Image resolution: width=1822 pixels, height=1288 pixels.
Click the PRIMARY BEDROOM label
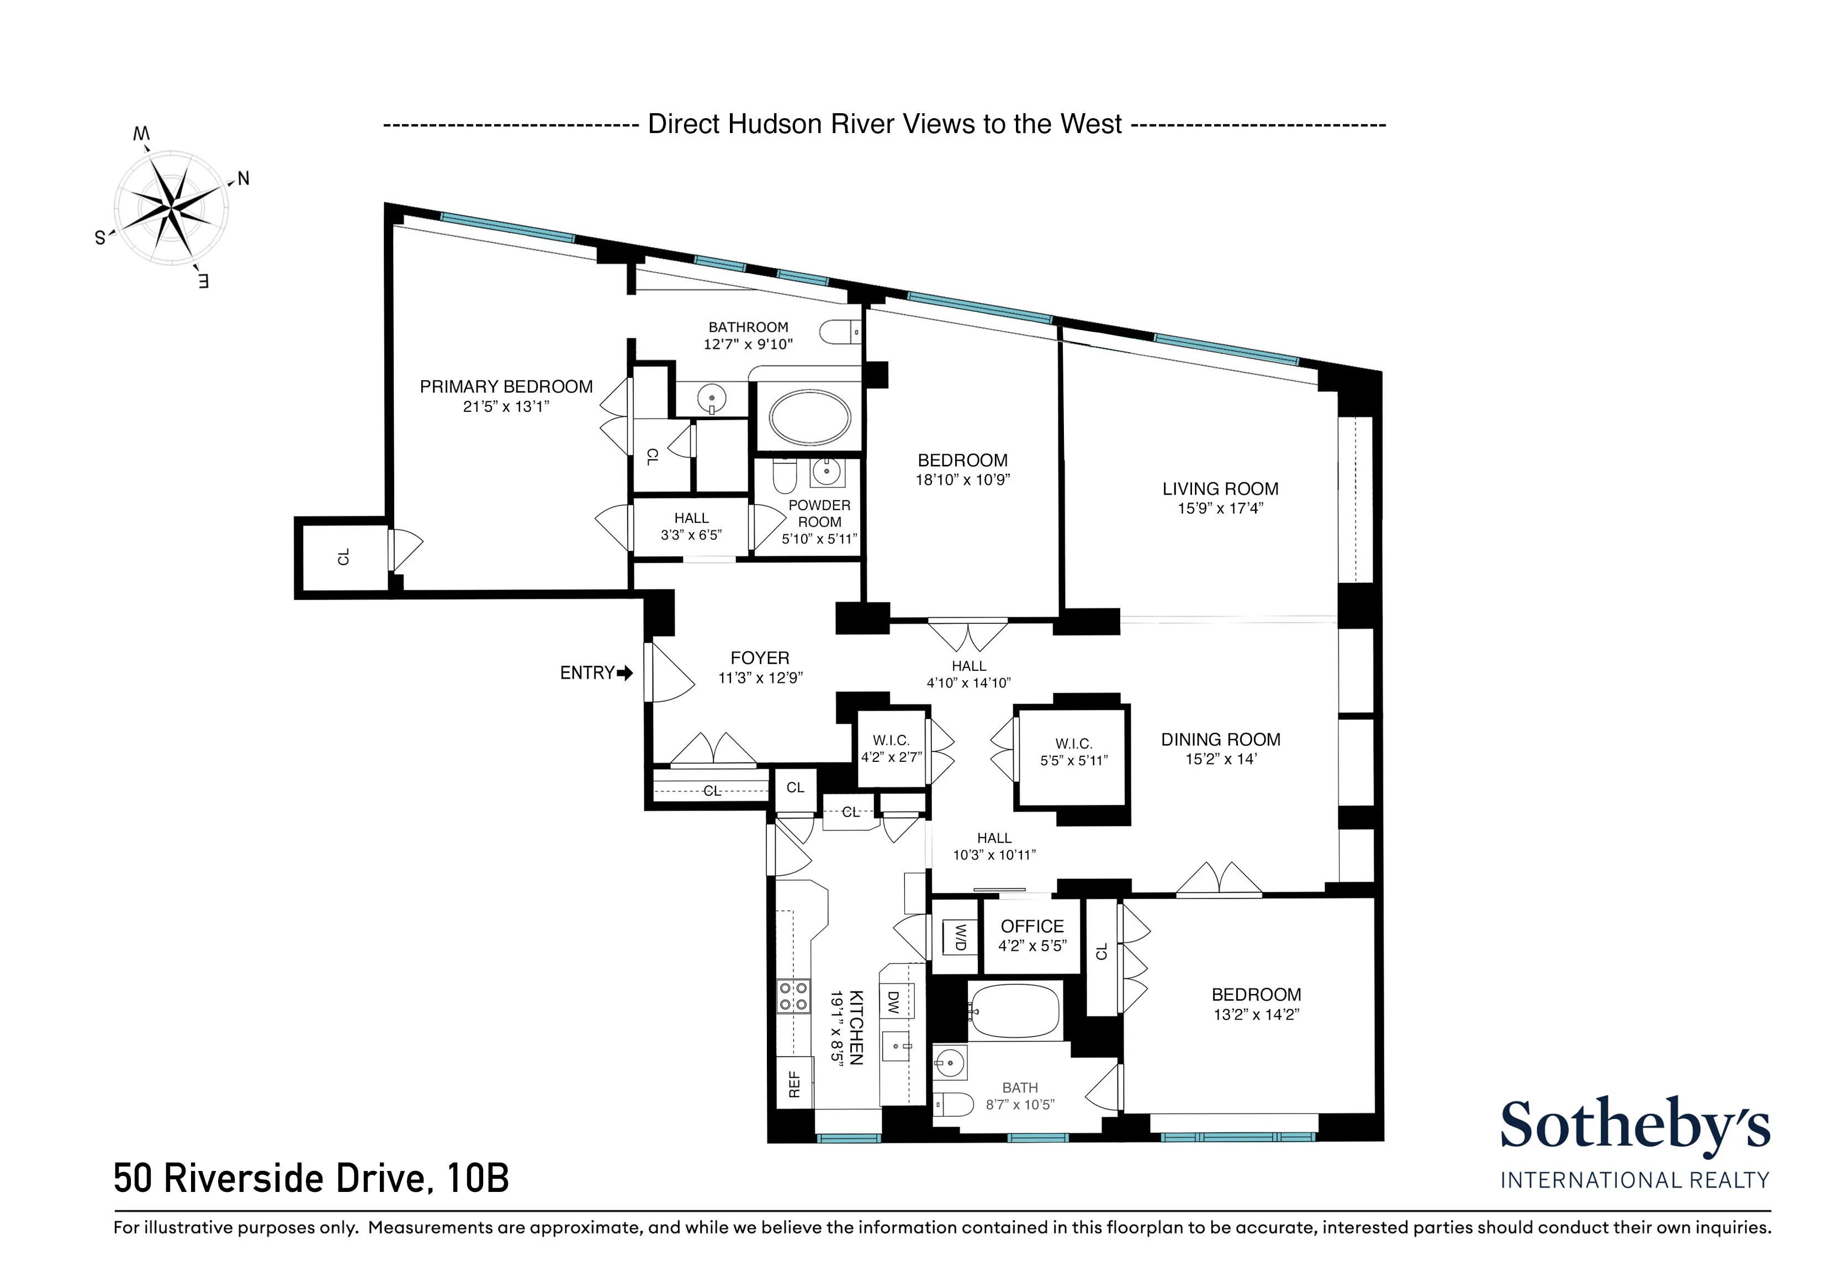pos(506,386)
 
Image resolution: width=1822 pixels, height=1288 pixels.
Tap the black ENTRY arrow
pos(626,673)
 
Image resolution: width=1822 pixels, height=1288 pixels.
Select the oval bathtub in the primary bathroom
pos(809,417)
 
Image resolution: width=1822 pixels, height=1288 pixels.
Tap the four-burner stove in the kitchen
pos(793,996)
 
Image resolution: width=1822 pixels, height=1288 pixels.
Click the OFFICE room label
pos(1031,926)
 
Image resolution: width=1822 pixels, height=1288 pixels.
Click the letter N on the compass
pos(243,178)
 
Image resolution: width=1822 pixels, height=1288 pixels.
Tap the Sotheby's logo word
pos(1635,1125)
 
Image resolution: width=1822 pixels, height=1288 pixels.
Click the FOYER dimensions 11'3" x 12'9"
pos(760,679)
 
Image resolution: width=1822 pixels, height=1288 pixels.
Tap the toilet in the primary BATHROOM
pos(838,331)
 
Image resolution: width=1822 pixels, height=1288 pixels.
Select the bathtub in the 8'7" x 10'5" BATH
pos(1015,1011)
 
